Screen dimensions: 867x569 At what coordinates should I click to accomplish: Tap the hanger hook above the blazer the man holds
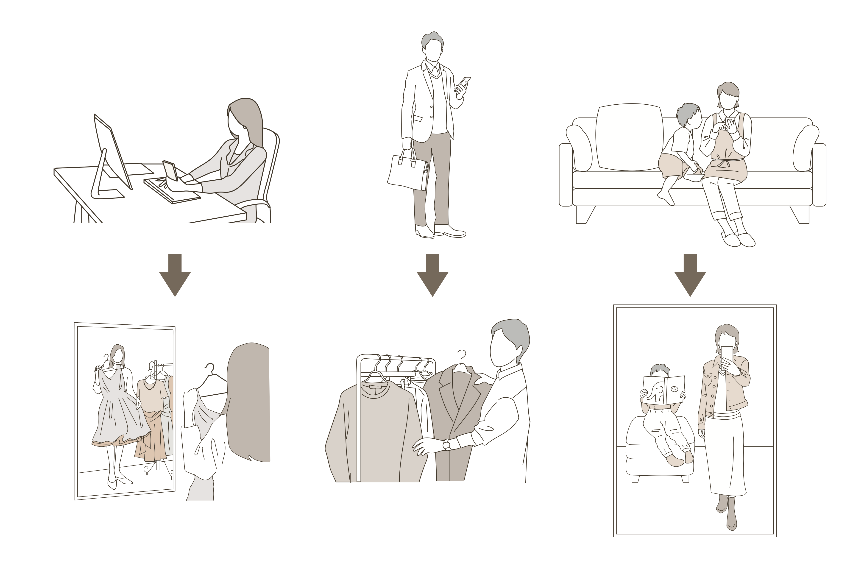point(462,357)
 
